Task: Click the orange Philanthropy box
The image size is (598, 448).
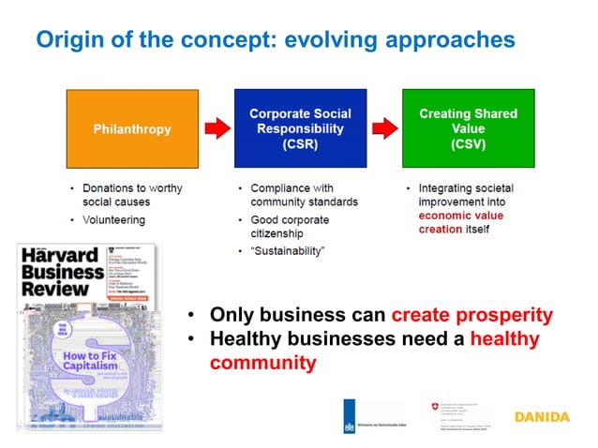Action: pyautogui.click(x=132, y=128)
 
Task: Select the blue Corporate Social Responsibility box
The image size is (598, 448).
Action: pyautogui.click(x=300, y=128)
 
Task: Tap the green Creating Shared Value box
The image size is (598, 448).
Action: pyautogui.click(x=468, y=128)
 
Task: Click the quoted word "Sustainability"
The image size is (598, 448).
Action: pyautogui.click(x=288, y=251)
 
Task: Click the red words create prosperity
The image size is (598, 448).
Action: pyautogui.click(x=471, y=315)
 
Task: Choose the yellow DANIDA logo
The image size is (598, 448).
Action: pyautogui.click(x=542, y=415)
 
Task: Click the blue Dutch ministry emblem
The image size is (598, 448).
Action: pyautogui.click(x=351, y=413)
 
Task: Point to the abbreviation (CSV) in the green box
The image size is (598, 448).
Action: pyautogui.click(x=468, y=145)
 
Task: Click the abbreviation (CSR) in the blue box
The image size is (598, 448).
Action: pyautogui.click(x=300, y=145)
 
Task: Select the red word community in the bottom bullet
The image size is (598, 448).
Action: pyautogui.click(x=262, y=362)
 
